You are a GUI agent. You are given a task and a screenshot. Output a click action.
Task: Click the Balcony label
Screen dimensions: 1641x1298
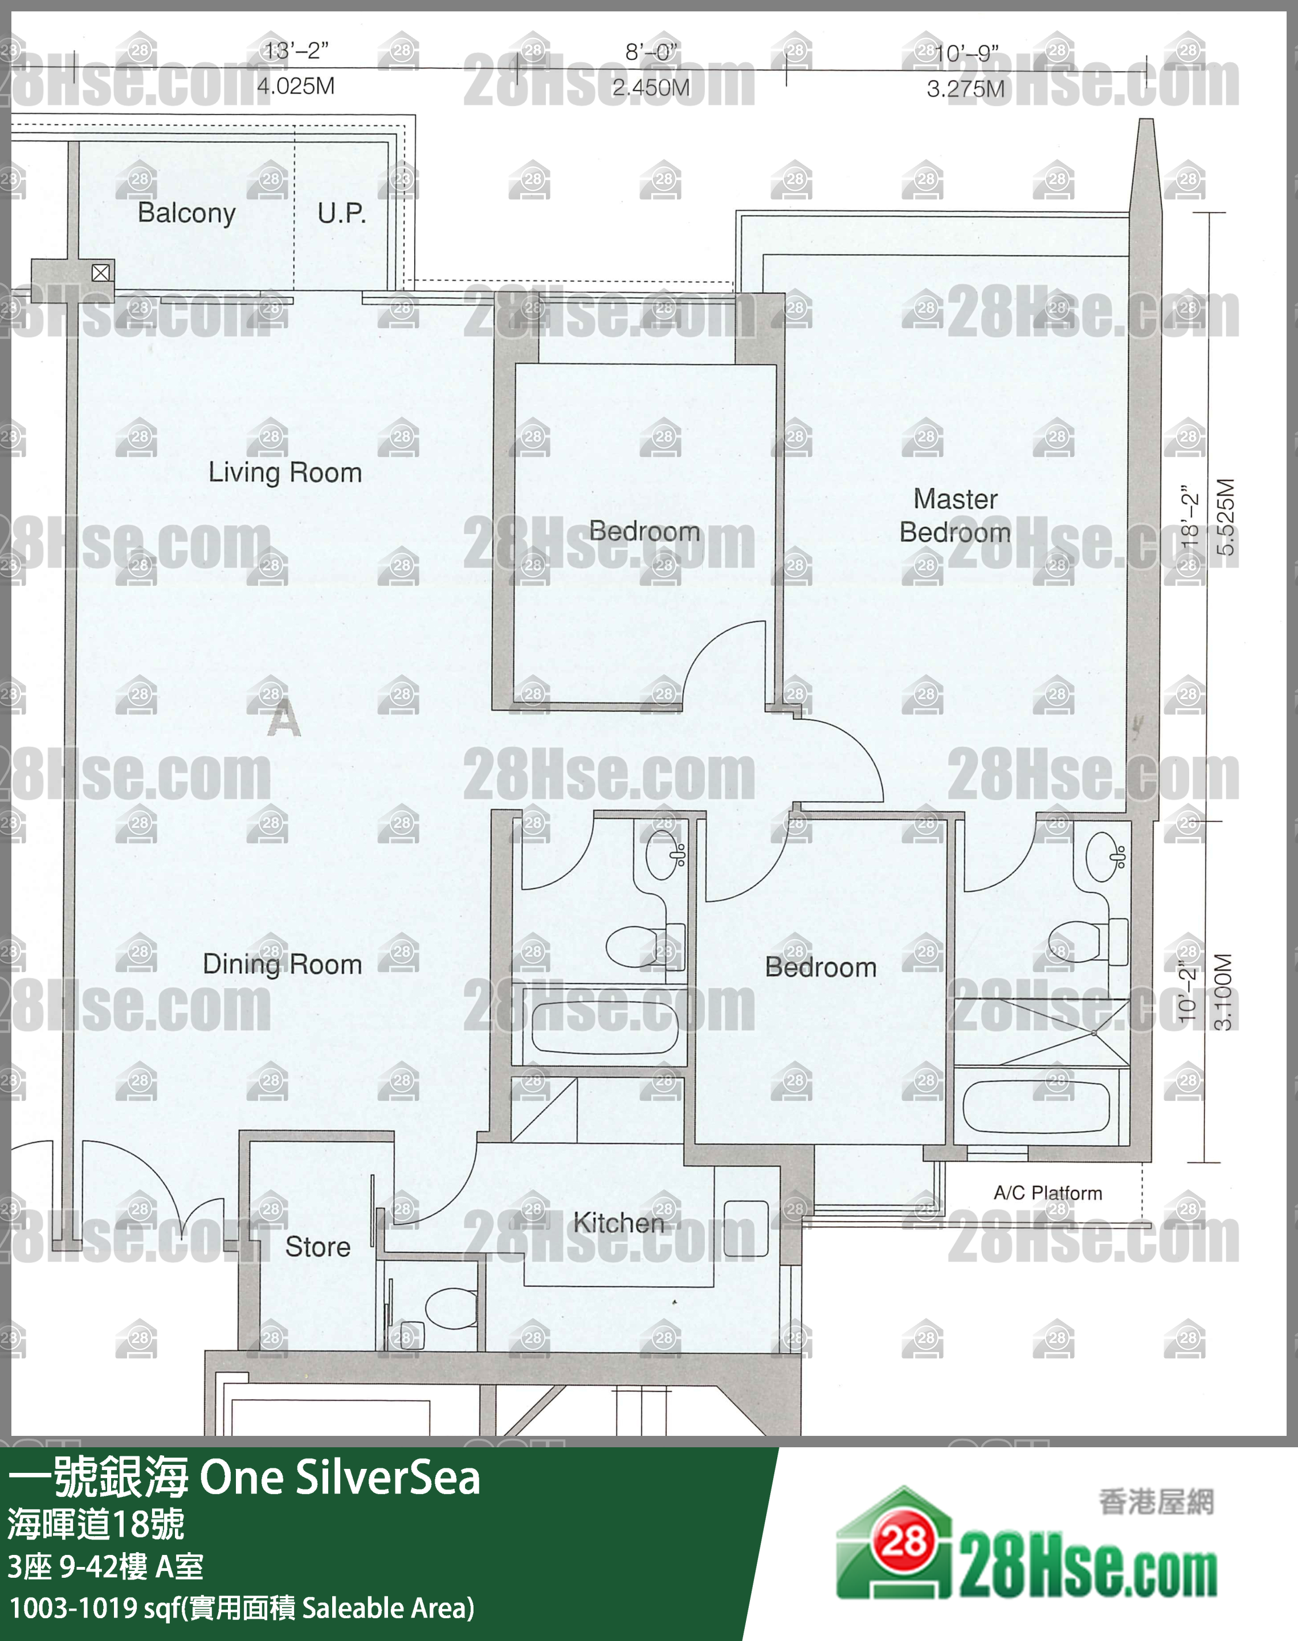tap(186, 213)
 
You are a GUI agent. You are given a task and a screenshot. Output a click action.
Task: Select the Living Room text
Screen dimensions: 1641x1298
tap(285, 472)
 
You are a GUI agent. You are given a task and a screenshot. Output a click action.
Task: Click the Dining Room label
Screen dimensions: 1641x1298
tap(282, 964)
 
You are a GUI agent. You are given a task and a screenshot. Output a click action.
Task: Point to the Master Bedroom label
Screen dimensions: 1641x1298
tap(955, 516)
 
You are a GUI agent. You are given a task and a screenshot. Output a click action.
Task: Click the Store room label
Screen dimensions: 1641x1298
tap(317, 1247)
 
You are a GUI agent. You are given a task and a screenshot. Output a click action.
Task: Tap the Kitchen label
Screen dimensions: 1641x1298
tap(619, 1222)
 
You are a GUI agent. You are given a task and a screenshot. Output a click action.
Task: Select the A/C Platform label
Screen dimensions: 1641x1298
tap(1047, 1193)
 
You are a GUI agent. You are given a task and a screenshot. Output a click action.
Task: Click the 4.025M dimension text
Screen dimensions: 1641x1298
tap(296, 86)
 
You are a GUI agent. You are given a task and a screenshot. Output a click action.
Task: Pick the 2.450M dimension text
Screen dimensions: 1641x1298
tap(651, 87)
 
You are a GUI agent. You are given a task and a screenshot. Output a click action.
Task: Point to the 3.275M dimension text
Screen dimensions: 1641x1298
tap(965, 89)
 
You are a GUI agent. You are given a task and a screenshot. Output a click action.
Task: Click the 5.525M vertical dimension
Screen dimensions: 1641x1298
tap(1226, 517)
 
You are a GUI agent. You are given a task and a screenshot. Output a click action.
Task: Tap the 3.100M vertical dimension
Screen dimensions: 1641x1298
tap(1223, 991)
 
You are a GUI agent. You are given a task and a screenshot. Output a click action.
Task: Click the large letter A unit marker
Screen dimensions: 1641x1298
tap(284, 718)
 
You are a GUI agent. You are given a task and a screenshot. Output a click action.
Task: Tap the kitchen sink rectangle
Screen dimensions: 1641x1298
tap(745, 1228)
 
